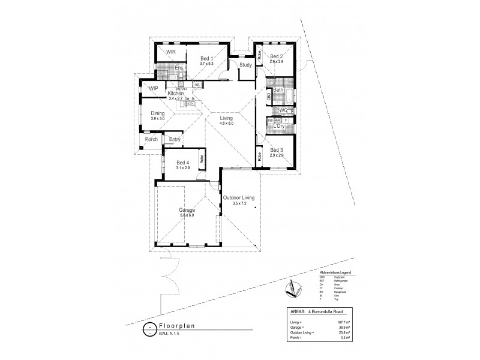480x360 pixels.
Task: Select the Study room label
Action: (x=245, y=65)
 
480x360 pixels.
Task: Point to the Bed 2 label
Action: (x=277, y=56)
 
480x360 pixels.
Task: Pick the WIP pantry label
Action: (x=153, y=88)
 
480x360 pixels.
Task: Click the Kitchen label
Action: (x=175, y=94)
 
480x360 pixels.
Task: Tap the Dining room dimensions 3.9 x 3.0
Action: (x=157, y=118)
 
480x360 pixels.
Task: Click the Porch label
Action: (x=151, y=139)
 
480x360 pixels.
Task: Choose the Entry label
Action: (x=175, y=140)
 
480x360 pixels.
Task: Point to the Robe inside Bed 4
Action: (x=202, y=160)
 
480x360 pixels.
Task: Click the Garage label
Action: (x=187, y=211)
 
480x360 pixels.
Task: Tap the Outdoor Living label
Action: (x=239, y=197)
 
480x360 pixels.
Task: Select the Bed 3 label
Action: (x=277, y=150)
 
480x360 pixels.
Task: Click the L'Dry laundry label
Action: (x=279, y=126)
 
